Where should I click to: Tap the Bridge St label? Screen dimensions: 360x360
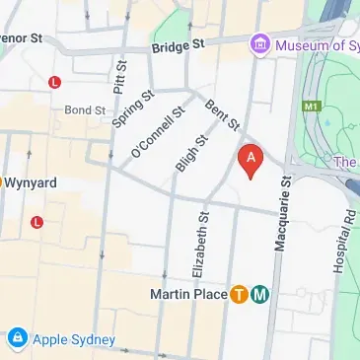click(178, 46)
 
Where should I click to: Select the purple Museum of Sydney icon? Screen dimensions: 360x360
click(259, 42)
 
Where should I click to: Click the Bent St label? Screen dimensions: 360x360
click(222, 113)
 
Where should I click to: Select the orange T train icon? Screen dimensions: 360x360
click(238, 294)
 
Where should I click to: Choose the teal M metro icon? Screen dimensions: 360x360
click(259, 294)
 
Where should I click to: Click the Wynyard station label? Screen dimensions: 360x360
click(33, 181)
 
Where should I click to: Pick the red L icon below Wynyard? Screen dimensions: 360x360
click(36, 221)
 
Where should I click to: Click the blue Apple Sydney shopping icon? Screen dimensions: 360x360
click(16, 339)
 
